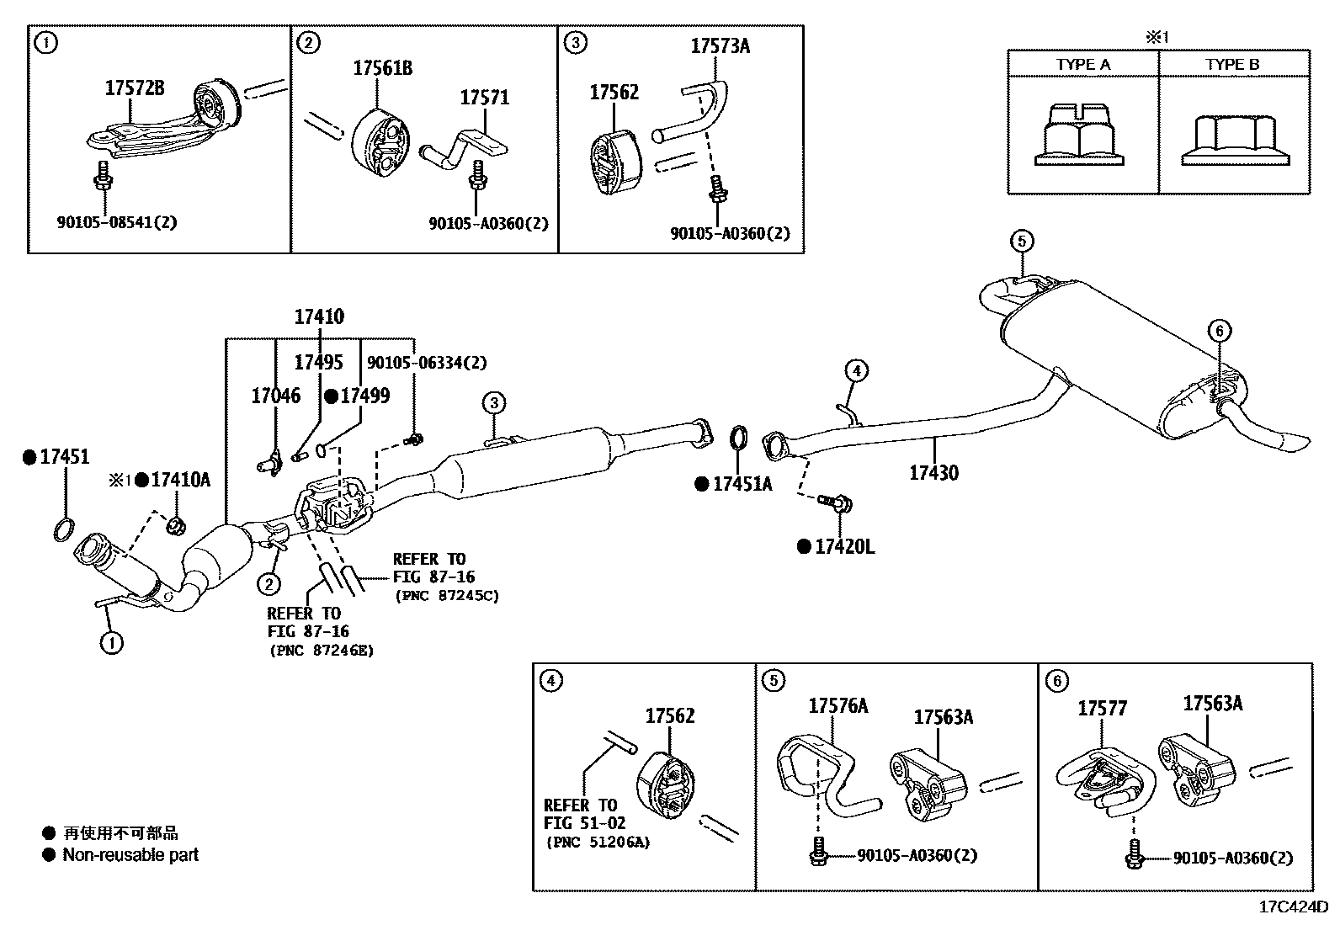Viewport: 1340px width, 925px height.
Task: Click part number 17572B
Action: (x=134, y=88)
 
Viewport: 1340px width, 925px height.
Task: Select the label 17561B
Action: (x=383, y=68)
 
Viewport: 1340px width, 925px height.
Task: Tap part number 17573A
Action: (x=720, y=46)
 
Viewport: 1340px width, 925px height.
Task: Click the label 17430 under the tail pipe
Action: (x=933, y=472)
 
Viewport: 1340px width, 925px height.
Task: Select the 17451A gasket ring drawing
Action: (x=737, y=440)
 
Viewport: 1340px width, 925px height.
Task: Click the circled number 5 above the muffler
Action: (x=1020, y=242)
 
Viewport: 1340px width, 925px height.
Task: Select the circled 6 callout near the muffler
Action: (x=1220, y=331)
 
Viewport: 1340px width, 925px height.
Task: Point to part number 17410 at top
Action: (x=319, y=317)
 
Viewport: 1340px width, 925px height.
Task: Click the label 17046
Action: (x=275, y=396)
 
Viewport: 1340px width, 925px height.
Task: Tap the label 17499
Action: (x=364, y=396)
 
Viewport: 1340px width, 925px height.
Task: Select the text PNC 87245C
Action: (x=446, y=596)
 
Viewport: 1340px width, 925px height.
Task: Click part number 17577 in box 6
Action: (x=1102, y=710)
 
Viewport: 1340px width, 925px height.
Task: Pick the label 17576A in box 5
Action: (x=837, y=706)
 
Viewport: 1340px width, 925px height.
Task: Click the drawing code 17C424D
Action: (x=1293, y=907)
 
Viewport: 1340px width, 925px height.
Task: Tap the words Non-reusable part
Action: (x=130, y=855)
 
